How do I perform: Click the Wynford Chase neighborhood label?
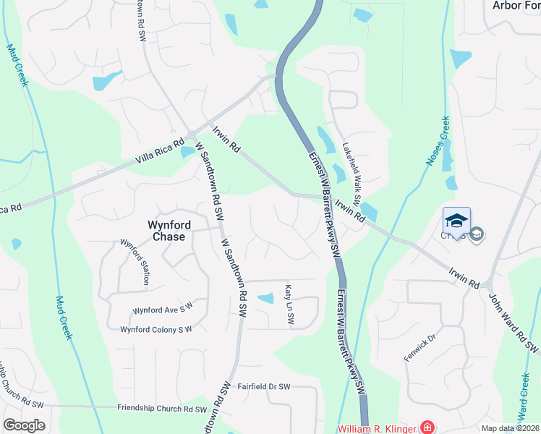166,230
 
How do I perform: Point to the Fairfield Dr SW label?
263,387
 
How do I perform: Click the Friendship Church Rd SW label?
161,408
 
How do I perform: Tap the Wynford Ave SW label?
163,310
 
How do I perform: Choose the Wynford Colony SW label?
156,330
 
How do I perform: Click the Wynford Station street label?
135,261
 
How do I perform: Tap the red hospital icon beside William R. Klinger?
427,427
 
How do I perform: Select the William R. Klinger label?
378,427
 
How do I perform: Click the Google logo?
24,425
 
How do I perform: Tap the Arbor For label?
516,5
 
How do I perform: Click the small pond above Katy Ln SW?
266,298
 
